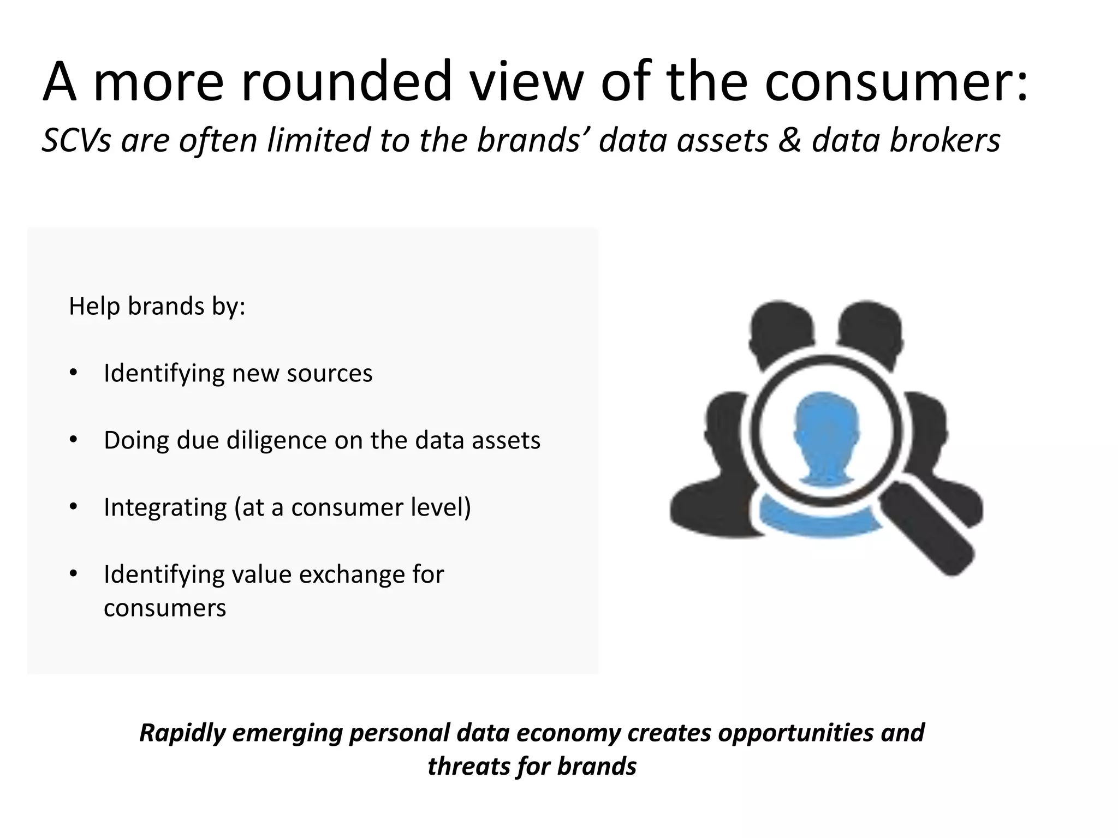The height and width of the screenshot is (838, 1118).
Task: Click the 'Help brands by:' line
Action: point(157,306)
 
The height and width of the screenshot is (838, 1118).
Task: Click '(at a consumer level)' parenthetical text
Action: point(353,507)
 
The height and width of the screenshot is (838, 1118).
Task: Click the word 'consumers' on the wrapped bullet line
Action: point(164,608)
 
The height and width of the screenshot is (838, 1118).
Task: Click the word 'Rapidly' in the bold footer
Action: point(182,732)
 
